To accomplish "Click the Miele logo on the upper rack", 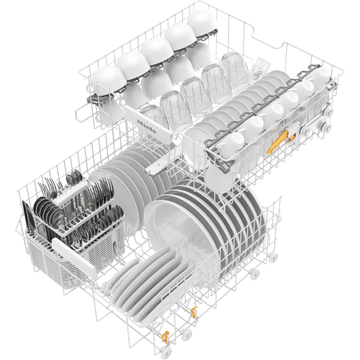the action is point(146,126).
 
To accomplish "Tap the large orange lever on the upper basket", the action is point(277,142).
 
